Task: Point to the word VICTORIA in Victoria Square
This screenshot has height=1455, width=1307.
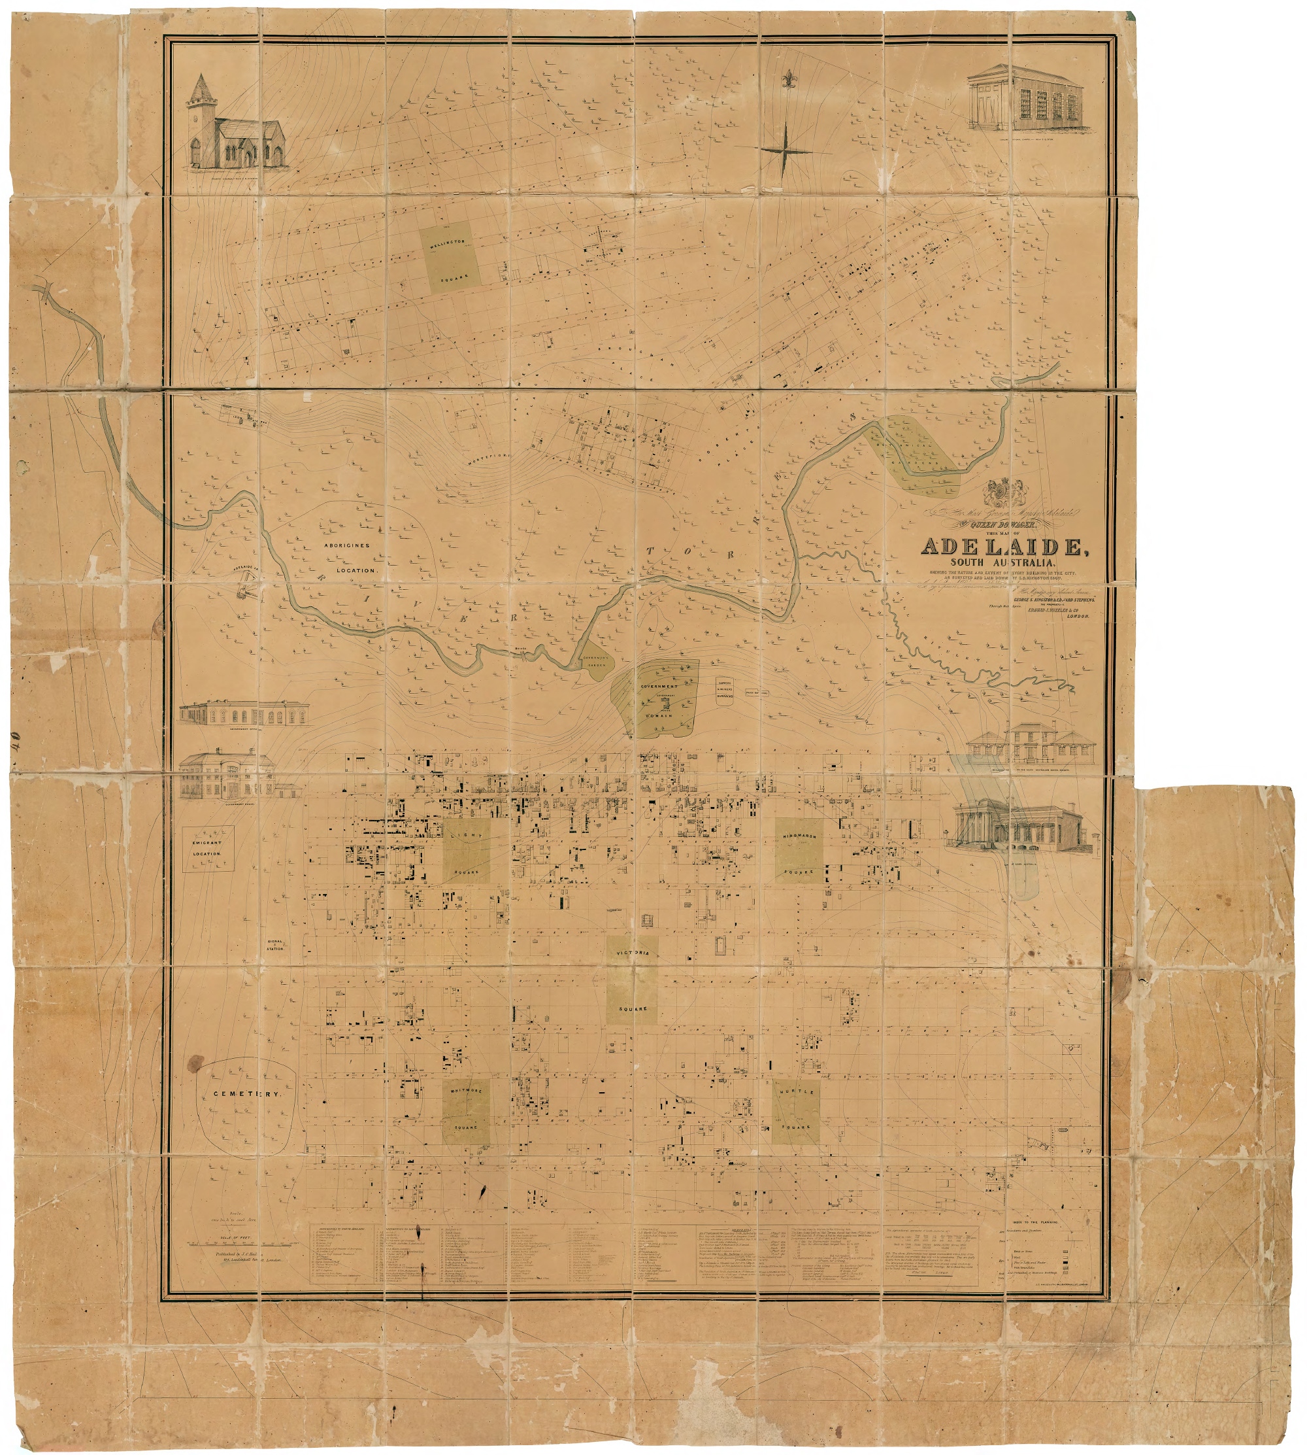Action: pyautogui.click(x=633, y=953)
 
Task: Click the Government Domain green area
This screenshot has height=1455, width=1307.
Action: pyautogui.click(x=657, y=697)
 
